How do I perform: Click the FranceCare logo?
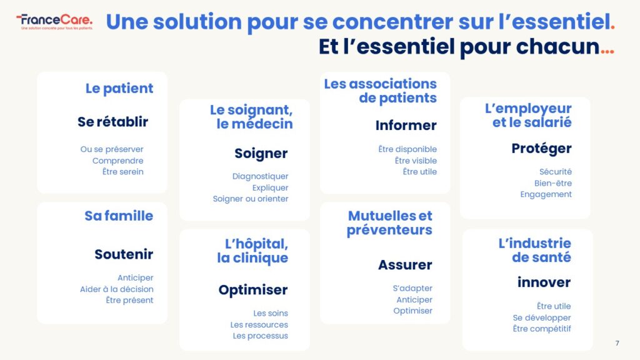click(54, 22)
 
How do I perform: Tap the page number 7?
click(617, 343)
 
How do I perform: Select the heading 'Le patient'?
click(119, 89)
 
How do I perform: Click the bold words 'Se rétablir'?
click(113, 122)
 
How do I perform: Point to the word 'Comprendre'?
click(117, 161)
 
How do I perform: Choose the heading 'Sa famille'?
click(119, 216)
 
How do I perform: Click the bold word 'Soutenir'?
click(124, 254)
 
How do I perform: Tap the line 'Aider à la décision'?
click(117, 289)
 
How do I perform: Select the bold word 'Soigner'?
click(261, 154)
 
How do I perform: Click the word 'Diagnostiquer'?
click(261, 176)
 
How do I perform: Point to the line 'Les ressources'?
click(259, 325)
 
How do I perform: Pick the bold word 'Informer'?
click(406, 125)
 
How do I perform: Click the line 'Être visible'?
click(416, 161)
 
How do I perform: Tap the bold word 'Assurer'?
click(405, 265)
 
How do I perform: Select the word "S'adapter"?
click(412, 288)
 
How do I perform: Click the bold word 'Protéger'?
click(542, 149)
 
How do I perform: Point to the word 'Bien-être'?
click(553, 183)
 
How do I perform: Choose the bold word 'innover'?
click(544, 282)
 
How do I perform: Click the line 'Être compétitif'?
click(542, 329)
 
